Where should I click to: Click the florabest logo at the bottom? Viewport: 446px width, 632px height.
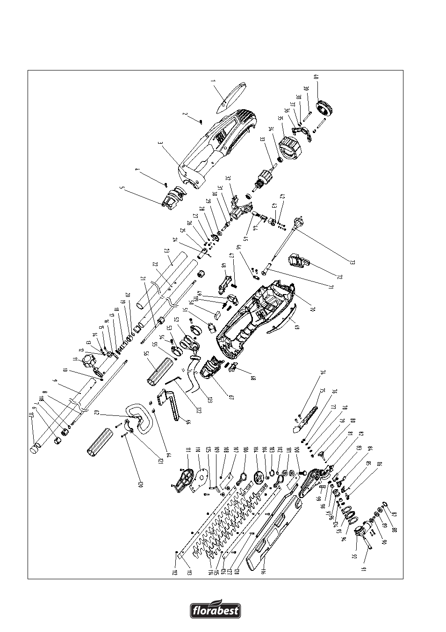216,609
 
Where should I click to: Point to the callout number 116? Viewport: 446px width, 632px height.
264,570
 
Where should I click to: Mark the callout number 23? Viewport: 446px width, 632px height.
166,250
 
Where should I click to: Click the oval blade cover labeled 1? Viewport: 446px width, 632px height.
232,97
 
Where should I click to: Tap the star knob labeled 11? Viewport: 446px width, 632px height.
88,361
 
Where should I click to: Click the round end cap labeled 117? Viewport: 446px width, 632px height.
34,449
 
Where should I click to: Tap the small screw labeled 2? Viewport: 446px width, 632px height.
201,122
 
